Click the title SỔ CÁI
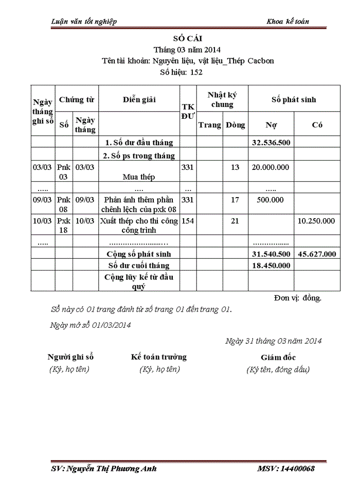click(188, 39)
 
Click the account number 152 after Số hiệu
click(196, 72)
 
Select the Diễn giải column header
click(139, 99)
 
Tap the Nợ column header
click(271, 125)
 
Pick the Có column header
click(317, 125)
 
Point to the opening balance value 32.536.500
click(271, 142)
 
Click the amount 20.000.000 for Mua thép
click(271, 167)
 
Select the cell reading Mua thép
click(139, 177)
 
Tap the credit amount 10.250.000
click(316, 221)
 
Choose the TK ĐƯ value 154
click(187, 221)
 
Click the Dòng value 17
click(235, 200)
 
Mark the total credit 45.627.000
click(317, 254)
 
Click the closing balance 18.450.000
click(271, 266)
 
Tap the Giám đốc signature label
click(278, 357)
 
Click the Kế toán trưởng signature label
click(159, 357)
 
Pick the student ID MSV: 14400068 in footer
click(285, 469)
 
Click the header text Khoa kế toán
click(287, 21)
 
